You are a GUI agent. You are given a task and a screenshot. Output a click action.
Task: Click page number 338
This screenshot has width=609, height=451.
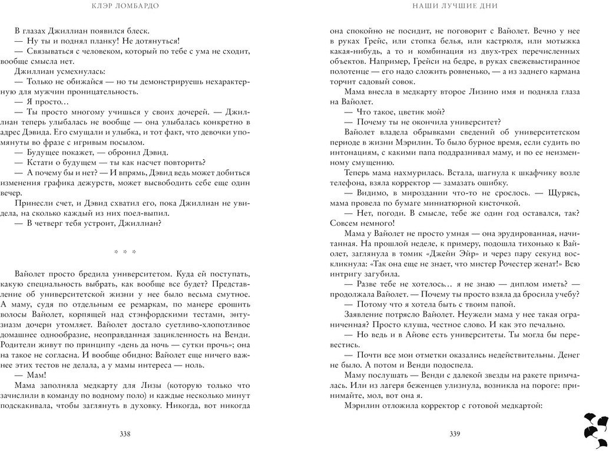[124, 434]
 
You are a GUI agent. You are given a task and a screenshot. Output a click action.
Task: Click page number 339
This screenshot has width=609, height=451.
[454, 434]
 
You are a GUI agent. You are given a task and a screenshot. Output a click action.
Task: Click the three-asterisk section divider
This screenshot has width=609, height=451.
[125, 252]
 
